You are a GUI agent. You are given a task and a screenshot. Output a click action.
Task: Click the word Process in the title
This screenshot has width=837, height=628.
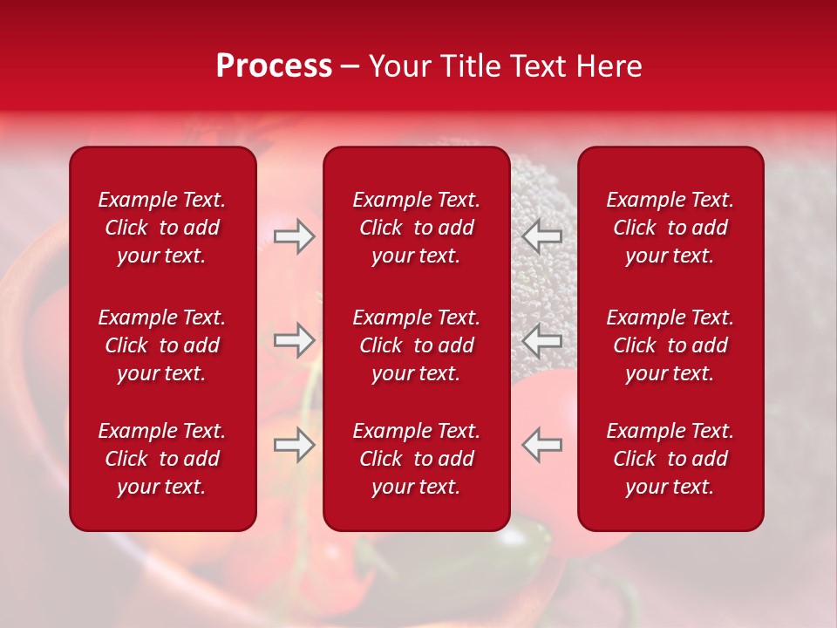point(274,66)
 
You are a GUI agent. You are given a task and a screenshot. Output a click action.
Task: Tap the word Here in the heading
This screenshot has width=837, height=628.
point(608,66)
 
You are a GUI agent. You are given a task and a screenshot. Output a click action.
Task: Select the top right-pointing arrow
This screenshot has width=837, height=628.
point(294,236)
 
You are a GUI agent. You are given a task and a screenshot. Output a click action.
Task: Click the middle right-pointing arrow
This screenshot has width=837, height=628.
point(294,340)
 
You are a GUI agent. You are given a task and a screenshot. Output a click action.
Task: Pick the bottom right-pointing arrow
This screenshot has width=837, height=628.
point(294,445)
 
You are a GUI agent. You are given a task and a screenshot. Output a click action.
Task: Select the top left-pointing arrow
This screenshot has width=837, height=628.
point(542,236)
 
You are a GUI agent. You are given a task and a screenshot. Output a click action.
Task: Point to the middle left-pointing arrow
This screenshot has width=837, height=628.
point(542,340)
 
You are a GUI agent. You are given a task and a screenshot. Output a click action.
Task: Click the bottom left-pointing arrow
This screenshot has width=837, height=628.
point(542,445)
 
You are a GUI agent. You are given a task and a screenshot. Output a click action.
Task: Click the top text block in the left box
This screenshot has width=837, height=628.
point(162,228)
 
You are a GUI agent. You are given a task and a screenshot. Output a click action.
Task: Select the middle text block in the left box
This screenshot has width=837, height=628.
point(162,345)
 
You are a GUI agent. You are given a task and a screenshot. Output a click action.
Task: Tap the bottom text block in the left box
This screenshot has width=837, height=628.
point(162,459)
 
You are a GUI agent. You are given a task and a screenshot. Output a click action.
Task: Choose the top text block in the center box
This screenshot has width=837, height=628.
point(416,228)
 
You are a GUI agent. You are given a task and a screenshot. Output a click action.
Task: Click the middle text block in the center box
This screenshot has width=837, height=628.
point(416,345)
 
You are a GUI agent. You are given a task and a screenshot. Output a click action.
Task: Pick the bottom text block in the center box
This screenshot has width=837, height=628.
point(416,459)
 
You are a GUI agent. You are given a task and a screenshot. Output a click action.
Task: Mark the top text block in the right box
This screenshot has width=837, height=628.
point(670,228)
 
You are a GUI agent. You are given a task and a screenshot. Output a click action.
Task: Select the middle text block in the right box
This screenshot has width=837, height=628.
point(670,345)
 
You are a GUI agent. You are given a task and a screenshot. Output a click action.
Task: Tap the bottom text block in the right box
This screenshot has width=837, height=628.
point(670,459)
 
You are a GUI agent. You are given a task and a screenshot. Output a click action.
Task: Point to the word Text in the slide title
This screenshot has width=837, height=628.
point(538,66)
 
